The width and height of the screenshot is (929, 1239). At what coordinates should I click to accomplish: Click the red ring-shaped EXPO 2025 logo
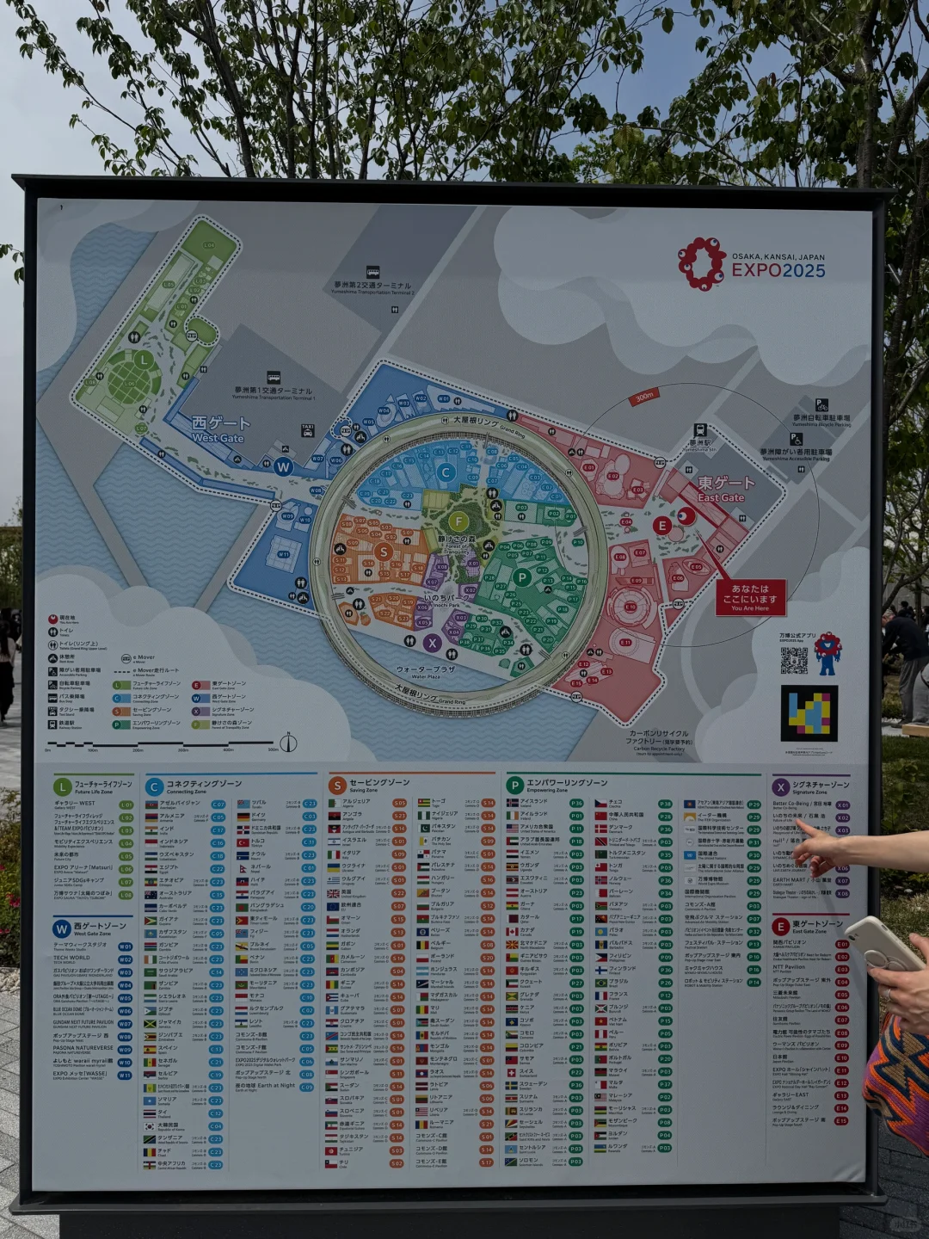[701, 263]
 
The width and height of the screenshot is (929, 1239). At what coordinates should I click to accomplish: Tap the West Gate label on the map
[219, 429]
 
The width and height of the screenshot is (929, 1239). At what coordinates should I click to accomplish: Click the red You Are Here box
[750, 597]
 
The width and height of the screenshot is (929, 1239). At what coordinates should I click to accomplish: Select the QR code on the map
[794, 660]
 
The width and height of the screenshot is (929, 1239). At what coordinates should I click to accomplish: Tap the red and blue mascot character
[827, 653]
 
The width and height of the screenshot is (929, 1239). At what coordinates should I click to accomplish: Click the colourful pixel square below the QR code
[809, 713]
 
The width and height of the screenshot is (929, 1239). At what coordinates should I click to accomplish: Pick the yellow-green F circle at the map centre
[458, 521]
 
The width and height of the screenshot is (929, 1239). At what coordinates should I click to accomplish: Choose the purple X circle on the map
[432, 642]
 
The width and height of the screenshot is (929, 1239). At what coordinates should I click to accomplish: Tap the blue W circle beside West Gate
[283, 467]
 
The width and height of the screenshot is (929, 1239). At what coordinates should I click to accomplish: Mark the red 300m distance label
[644, 397]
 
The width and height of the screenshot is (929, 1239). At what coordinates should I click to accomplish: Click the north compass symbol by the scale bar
[288, 743]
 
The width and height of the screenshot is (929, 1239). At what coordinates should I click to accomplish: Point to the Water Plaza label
[425, 671]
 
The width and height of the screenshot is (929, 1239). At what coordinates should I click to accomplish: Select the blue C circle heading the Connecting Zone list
[154, 786]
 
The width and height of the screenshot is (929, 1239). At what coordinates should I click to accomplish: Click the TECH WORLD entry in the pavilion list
[71, 958]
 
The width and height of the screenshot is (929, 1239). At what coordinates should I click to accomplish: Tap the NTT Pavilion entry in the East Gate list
[789, 967]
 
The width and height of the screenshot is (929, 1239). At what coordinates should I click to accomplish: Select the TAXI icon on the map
[308, 428]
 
